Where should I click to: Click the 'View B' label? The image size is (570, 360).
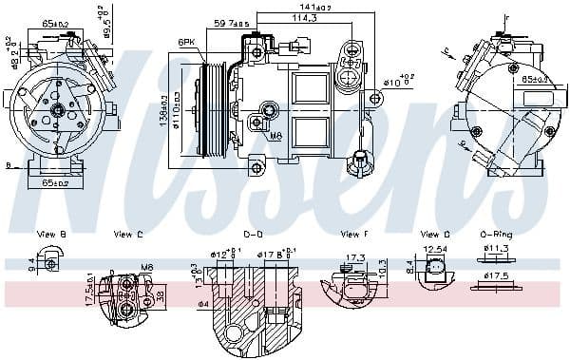click(51, 234)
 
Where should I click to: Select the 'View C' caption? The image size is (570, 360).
click(128, 234)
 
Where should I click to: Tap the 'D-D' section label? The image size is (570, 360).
click(253, 234)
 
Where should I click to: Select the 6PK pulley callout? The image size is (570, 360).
click(188, 43)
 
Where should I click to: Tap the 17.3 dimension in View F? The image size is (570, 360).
click(355, 257)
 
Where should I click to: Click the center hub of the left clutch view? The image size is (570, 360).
click(58, 111)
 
